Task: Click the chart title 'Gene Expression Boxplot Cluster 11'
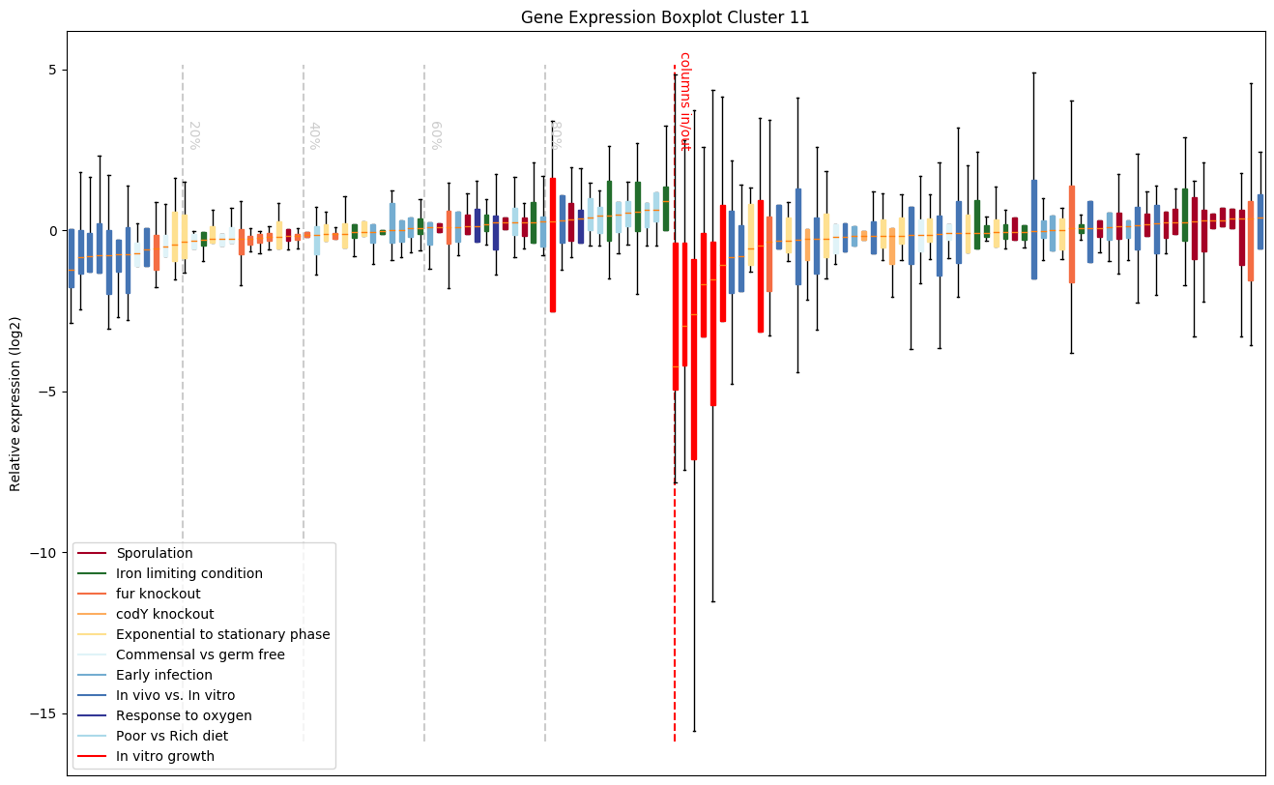pyautogui.click(x=665, y=17)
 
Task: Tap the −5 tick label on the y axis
pyautogui.click(x=44, y=392)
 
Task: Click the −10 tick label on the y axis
pyautogui.click(x=42, y=553)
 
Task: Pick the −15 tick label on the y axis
pyautogui.click(x=42, y=714)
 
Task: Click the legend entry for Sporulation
pyautogui.click(x=155, y=554)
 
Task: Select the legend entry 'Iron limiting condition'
pyautogui.click(x=188, y=574)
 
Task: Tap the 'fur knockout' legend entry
pyautogui.click(x=158, y=595)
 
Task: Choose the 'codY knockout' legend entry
pyautogui.click(x=164, y=615)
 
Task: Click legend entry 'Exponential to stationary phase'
pyautogui.click(x=222, y=635)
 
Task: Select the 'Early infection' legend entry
pyautogui.click(x=163, y=676)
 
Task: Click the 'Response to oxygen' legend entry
pyautogui.click(x=184, y=716)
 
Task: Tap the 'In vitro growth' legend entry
pyautogui.click(x=164, y=757)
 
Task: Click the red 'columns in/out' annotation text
pyautogui.click(x=684, y=101)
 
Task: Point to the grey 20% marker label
pyautogui.click(x=193, y=135)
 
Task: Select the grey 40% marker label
pyautogui.click(x=314, y=135)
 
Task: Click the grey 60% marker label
pyautogui.click(x=435, y=135)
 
